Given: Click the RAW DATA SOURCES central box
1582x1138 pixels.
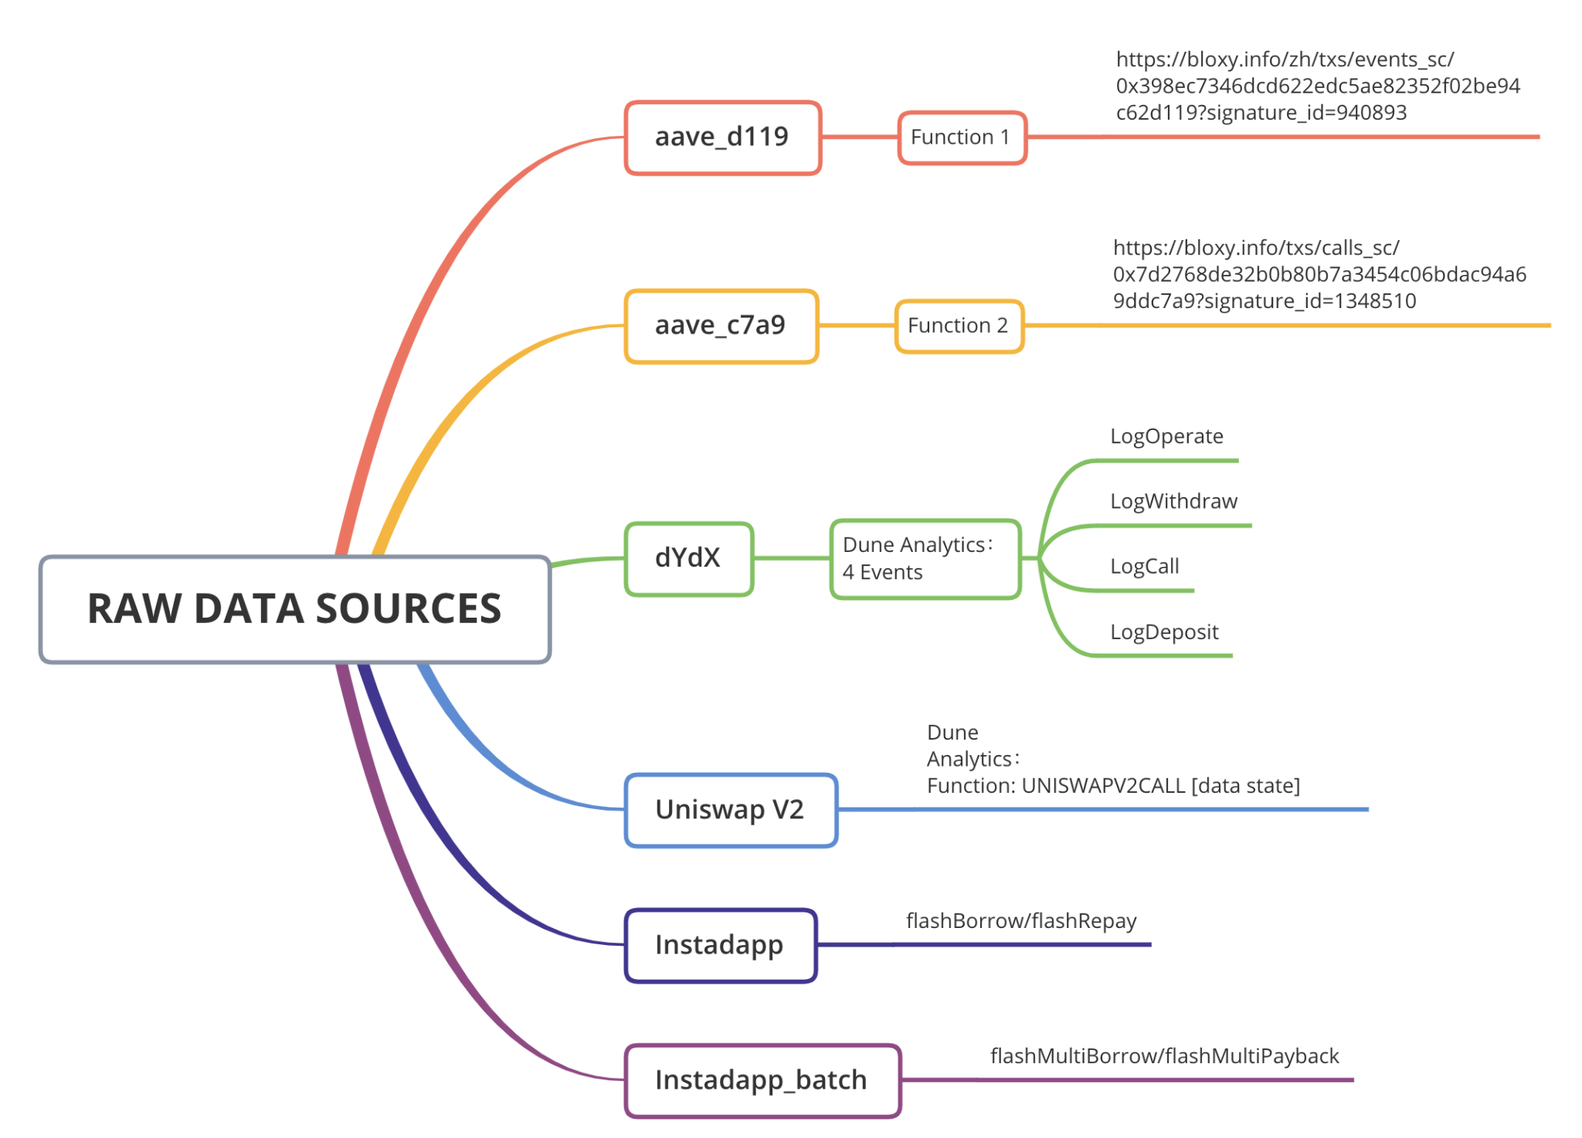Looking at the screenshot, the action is (295, 609).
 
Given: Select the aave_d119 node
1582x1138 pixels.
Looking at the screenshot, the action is (723, 137).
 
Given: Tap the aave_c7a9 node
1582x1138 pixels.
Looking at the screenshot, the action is (721, 326).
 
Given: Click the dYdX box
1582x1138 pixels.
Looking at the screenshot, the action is (689, 558).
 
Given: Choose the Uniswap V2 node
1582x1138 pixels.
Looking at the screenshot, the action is (731, 810).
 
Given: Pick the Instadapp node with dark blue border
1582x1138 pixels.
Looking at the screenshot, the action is (721, 945).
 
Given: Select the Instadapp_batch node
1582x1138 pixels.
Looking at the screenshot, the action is (762, 1080).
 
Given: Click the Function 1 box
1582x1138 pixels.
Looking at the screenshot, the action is (962, 137).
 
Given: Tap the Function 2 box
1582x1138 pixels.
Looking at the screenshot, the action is (959, 326).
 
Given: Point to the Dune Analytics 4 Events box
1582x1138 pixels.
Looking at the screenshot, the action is (925, 559).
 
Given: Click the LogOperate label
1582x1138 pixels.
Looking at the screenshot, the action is (1166, 437).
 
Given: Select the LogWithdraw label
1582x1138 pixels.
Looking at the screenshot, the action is (1173, 502).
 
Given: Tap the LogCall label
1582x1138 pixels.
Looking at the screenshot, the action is (1144, 567).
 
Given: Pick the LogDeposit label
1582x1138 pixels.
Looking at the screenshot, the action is (1164, 632).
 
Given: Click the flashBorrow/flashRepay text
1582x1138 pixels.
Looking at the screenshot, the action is (1021, 921).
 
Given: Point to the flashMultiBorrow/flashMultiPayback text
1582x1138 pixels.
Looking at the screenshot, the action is (1165, 1056).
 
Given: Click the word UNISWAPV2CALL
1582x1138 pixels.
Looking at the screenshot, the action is (1103, 786).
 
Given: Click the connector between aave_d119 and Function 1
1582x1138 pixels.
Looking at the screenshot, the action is (860, 137).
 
